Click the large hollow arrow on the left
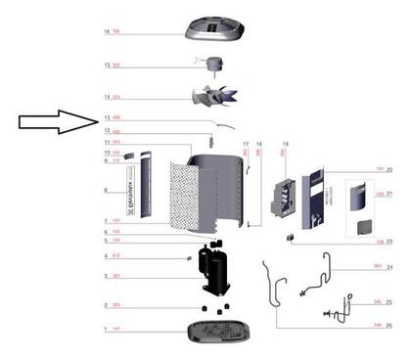point(57,122)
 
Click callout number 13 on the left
point(107,117)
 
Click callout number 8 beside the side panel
point(107,191)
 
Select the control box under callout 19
point(286,200)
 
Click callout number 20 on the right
point(388,170)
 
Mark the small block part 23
point(292,238)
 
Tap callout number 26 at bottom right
point(388,325)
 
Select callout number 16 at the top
point(107,32)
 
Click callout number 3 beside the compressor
point(107,277)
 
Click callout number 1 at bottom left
point(107,332)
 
